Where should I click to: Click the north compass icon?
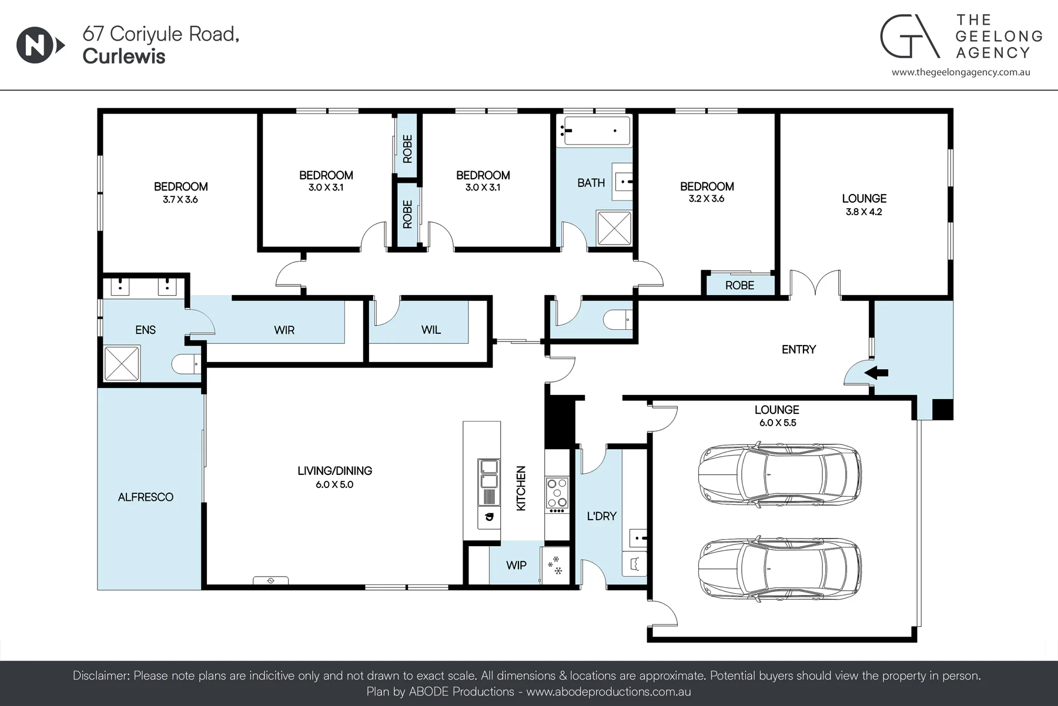pos(40,45)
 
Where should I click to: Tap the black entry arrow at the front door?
pos(876,372)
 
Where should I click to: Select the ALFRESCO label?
pos(146,497)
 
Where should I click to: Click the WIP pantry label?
pos(516,566)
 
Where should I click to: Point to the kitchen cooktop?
pos(557,493)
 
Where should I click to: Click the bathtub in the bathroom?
pos(594,131)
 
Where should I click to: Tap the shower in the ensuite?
pos(122,364)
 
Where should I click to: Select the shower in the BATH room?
pos(614,227)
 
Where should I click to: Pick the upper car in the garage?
pos(779,475)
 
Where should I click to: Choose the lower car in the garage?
pos(779,569)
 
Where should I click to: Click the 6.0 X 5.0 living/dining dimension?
pos(334,485)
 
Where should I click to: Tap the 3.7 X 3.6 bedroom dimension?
pos(180,200)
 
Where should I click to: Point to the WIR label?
pos(284,330)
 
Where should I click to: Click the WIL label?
pos(431,330)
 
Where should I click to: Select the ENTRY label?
pos(799,350)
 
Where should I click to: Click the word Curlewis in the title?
pos(124,56)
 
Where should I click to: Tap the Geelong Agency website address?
pos(961,72)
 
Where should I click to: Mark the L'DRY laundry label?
pos(602,516)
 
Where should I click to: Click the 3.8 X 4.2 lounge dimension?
pos(864,212)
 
